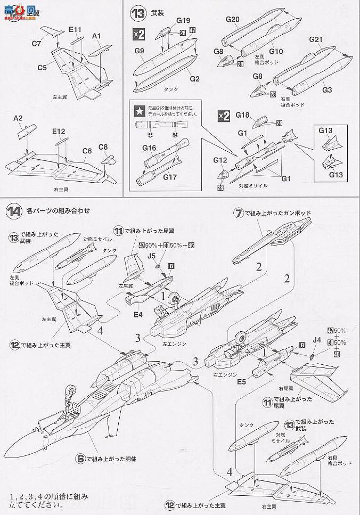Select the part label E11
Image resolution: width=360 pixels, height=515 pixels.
point(74,29)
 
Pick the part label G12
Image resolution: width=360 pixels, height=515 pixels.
point(220,159)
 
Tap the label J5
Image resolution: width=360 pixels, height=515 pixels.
point(152,256)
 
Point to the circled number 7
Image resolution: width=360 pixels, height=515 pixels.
point(240,213)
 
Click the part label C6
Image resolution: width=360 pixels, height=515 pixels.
point(87,151)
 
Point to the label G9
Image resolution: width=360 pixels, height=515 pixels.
point(140,51)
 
